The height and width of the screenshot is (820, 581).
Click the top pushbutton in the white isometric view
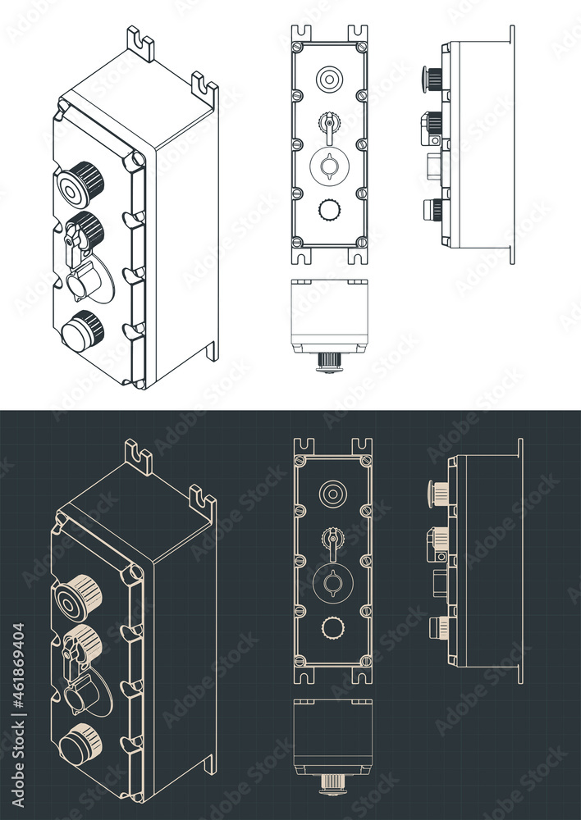point(78,185)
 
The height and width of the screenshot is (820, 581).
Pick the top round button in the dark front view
point(332,494)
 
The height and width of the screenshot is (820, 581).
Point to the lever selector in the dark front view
point(332,541)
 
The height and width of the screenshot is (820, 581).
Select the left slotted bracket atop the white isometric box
point(140,44)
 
